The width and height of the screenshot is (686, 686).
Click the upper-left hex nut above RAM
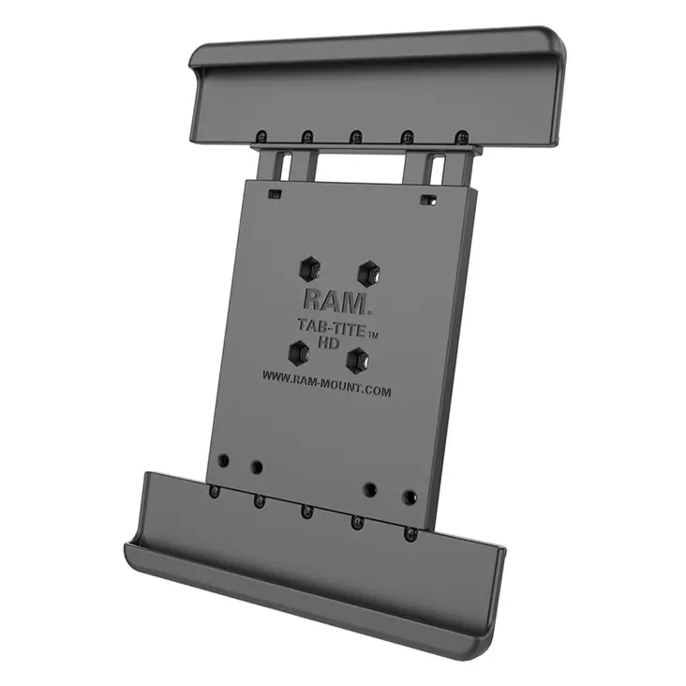click(310, 269)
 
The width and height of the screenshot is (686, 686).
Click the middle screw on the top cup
click(357, 137)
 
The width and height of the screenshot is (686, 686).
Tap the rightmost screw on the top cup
click(460, 138)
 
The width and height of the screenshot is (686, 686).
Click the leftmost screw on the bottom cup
click(215, 491)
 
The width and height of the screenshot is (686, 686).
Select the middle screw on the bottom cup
click(306, 512)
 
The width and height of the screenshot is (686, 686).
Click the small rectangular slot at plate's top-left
click(275, 194)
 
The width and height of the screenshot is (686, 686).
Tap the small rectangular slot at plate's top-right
click(428, 199)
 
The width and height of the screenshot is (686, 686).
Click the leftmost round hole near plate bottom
click(224, 461)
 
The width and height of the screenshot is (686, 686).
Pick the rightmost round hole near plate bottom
click(410, 497)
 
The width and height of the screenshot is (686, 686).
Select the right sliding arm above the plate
click(438, 169)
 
